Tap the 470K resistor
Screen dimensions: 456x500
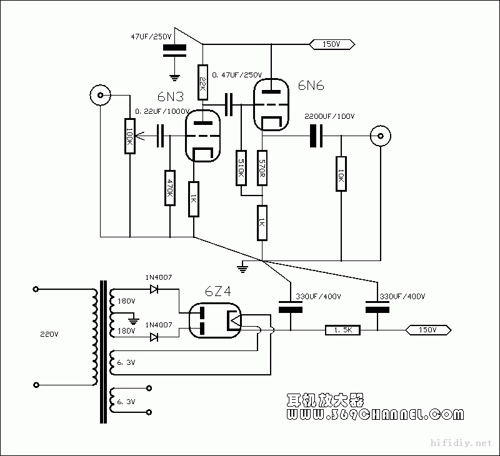169,188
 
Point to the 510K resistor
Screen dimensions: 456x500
241,168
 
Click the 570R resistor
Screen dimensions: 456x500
262,167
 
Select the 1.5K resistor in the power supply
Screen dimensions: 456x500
342,330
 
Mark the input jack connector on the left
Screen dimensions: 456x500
99,96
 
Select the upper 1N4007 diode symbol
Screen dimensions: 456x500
153,289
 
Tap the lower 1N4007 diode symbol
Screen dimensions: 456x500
153,337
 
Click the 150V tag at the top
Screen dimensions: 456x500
331,44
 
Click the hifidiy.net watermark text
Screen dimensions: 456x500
462,443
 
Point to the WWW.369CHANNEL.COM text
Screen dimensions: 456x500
374,414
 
